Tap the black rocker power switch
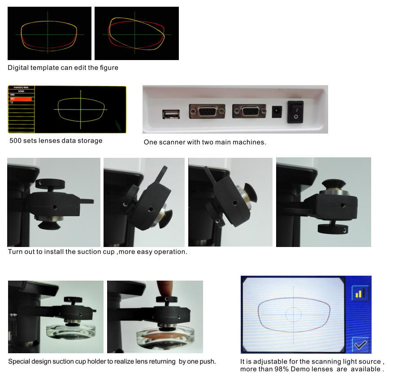[x=295, y=112]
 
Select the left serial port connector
[x=205, y=111]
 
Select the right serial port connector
[x=249, y=111]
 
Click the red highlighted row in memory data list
[x=21, y=99]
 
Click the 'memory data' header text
[x=21, y=87]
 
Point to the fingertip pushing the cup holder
[x=167, y=287]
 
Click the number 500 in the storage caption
[x=15, y=141]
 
